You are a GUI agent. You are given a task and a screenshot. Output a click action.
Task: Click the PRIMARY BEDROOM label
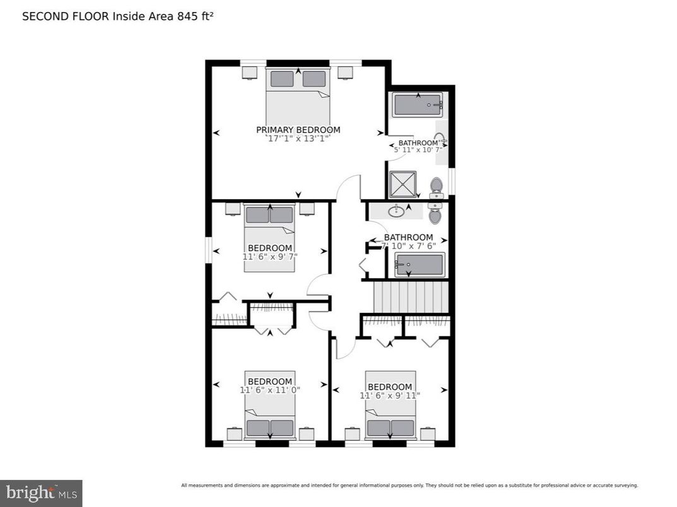pos(298,130)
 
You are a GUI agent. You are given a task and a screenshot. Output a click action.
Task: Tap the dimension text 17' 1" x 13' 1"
pos(298,138)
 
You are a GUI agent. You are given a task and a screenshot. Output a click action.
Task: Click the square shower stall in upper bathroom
pos(402,184)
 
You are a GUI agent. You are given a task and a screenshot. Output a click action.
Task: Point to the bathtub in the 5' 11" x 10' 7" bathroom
pos(417,105)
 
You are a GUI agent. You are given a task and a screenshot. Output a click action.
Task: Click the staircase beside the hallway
pos(411,297)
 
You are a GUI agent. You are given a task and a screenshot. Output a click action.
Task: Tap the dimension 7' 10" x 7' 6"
pos(409,246)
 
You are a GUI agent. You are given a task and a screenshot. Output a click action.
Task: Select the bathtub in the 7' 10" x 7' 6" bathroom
pos(420,265)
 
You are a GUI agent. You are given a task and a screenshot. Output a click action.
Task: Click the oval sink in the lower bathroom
pos(397,211)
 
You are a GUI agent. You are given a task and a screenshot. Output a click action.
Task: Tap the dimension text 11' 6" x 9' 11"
pos(390,395)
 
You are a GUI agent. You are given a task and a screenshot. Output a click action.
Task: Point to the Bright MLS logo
pos(41,492)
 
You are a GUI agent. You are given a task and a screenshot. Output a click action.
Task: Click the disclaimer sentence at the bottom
pos(409,486)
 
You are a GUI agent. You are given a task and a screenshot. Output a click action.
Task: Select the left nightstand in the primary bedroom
pos(249,73)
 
